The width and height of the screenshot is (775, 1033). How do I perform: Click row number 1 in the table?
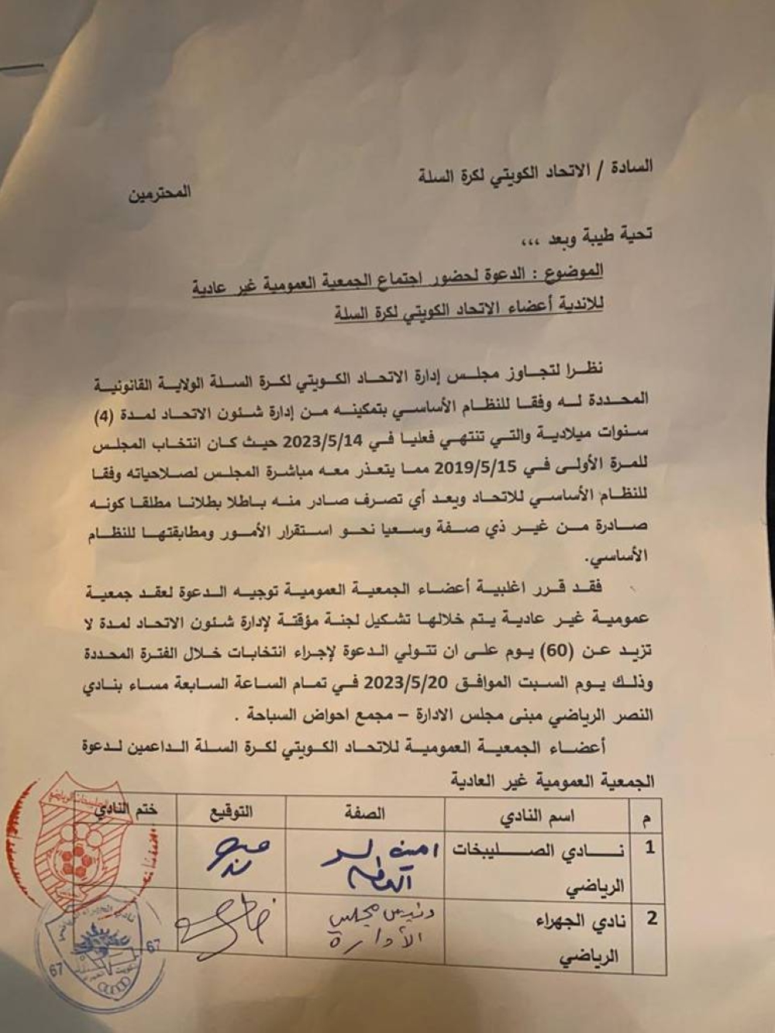(649, 847)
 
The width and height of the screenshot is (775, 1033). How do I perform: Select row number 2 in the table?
(651, 919)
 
